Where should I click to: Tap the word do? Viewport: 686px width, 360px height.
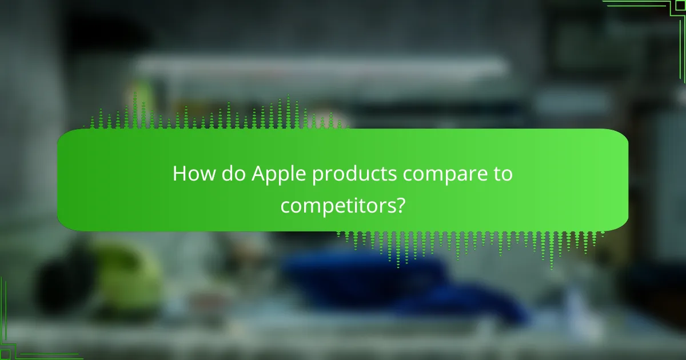[232, 174]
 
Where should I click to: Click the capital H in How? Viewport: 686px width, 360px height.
[179, 174]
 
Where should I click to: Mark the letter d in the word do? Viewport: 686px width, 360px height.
[226, 174]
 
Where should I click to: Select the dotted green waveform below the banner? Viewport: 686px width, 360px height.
[469, 243]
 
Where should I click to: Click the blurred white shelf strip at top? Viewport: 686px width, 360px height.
[320, 66]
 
